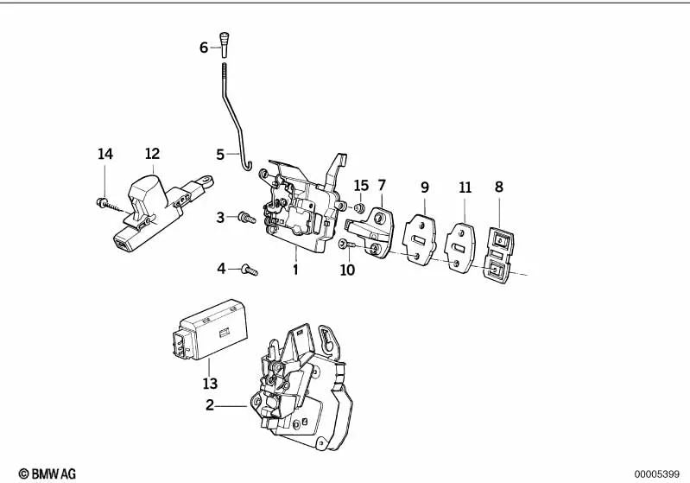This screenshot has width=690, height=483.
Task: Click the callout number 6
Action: pos(204,48)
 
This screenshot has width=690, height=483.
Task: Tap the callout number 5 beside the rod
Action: pos(220,155)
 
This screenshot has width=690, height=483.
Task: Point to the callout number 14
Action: pos(104,155)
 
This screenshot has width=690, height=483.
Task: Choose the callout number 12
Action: pos(152,155)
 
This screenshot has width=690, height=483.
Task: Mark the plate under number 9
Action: pos(421,235)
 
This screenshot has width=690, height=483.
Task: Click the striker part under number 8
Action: pos(497,252)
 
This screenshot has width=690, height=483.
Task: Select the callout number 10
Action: pos(347,270)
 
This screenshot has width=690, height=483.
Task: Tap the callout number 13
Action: pos(210,383)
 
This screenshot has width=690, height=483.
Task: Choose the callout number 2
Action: pos(209,404)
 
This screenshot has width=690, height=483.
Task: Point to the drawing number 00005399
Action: pos(656,474)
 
